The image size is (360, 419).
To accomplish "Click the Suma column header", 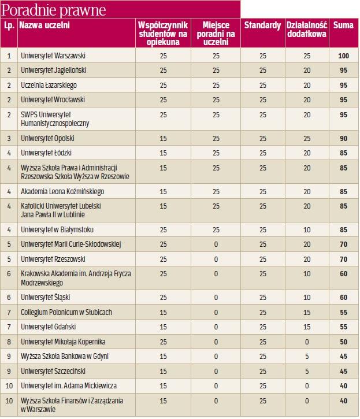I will (x=343, y=25).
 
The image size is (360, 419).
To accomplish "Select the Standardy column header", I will (x=262, y=25).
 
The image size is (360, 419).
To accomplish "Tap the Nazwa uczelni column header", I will (x=44, y=25).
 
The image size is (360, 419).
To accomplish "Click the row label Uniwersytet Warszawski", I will (x=53, y=56).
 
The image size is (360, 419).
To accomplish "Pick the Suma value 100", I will (x=343, y=56).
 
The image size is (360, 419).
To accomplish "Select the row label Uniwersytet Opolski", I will (x=47, y=139).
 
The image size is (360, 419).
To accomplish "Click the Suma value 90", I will (x=343, y=139).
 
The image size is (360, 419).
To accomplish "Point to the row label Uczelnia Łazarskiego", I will (x=49, y=86).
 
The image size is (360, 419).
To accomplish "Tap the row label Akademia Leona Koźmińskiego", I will (x=62, y=191).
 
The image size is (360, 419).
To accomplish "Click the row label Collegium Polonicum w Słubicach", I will (x=66, y=312).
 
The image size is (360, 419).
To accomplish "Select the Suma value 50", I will (x=343, y=342).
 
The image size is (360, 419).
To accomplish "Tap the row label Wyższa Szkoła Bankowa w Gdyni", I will (x=64, y=356).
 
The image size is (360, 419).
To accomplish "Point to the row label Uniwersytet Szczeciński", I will (x=53, y=371).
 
